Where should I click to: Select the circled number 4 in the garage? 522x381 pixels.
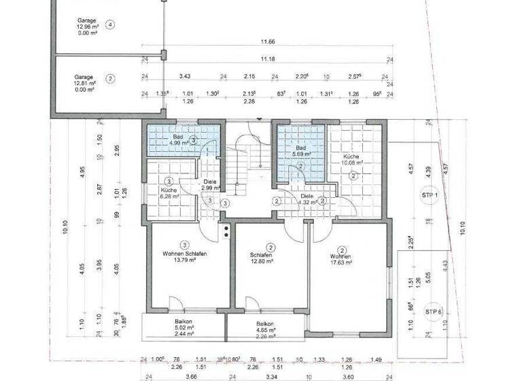(111, 24)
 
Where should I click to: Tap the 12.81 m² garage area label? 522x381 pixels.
(86, 82)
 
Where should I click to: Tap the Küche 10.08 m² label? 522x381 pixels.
(353, 159)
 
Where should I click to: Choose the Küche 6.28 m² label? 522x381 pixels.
(169, 193)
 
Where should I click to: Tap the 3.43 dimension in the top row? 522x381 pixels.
(184, 77)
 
